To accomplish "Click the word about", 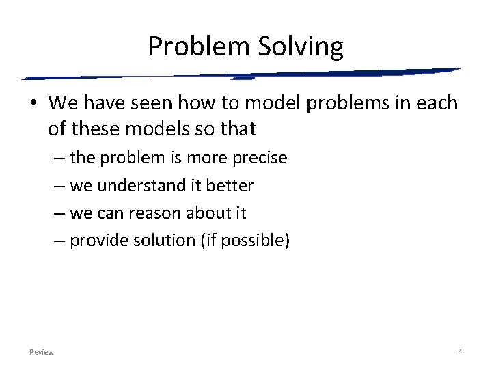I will click(x=207, y=213).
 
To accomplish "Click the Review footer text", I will click(x=42, y=352).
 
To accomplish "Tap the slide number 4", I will click(x=460, y=352).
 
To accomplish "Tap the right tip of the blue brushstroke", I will click(x=459, y=69).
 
